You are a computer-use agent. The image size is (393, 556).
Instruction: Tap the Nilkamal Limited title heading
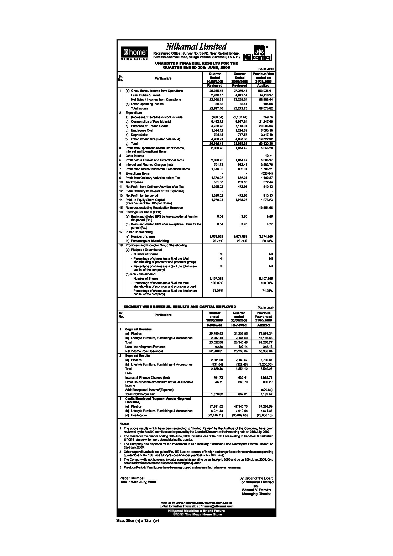coord(196,47)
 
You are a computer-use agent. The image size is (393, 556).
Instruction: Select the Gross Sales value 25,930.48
coord(214,91)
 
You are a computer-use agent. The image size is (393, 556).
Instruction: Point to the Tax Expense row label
coord(134,182)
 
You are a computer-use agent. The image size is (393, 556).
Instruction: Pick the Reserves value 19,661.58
coord(265,208)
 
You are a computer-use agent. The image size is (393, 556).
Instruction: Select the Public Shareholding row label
coord(139,232)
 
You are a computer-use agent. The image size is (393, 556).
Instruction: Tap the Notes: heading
coord(124,424)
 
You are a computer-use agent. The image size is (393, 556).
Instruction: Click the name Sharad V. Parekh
coord(256,490)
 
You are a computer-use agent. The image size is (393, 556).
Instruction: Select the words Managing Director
coord(256,494)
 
